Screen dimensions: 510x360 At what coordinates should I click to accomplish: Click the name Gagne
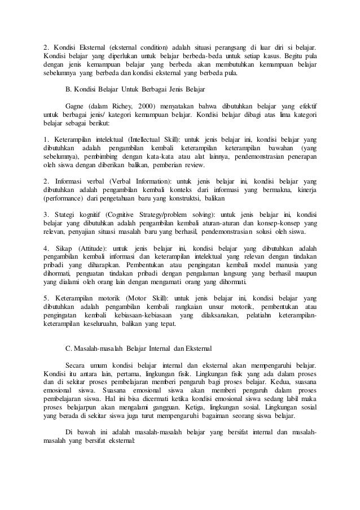(x=76, y=105)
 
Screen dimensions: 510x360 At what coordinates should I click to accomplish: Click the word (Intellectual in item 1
(x=129, y=138)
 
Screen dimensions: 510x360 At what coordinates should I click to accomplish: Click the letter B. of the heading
(x=69, y=89)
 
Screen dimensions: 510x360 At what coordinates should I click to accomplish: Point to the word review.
(x=195, y=165)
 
